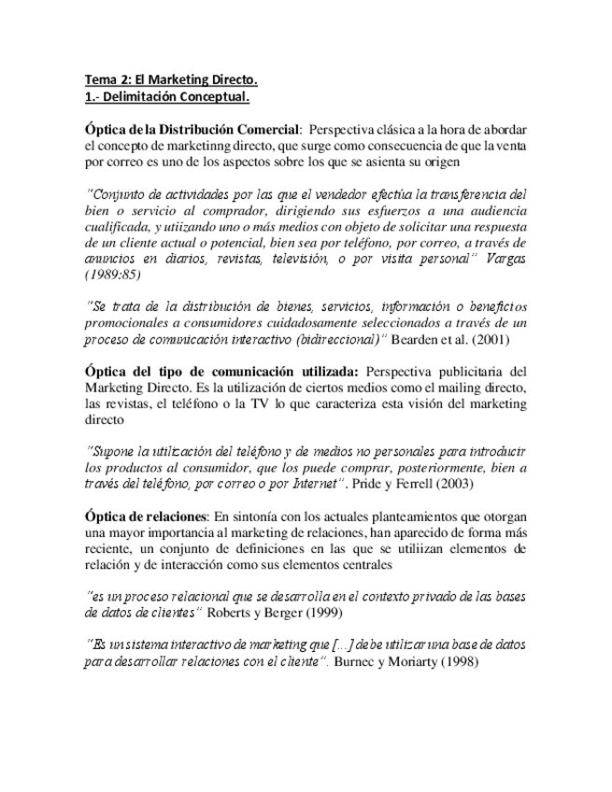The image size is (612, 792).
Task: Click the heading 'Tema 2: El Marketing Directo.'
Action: (171, 80)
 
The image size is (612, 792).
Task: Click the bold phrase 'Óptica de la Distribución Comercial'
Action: (192, 129)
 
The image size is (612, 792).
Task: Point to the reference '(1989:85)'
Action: (113, 276)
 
